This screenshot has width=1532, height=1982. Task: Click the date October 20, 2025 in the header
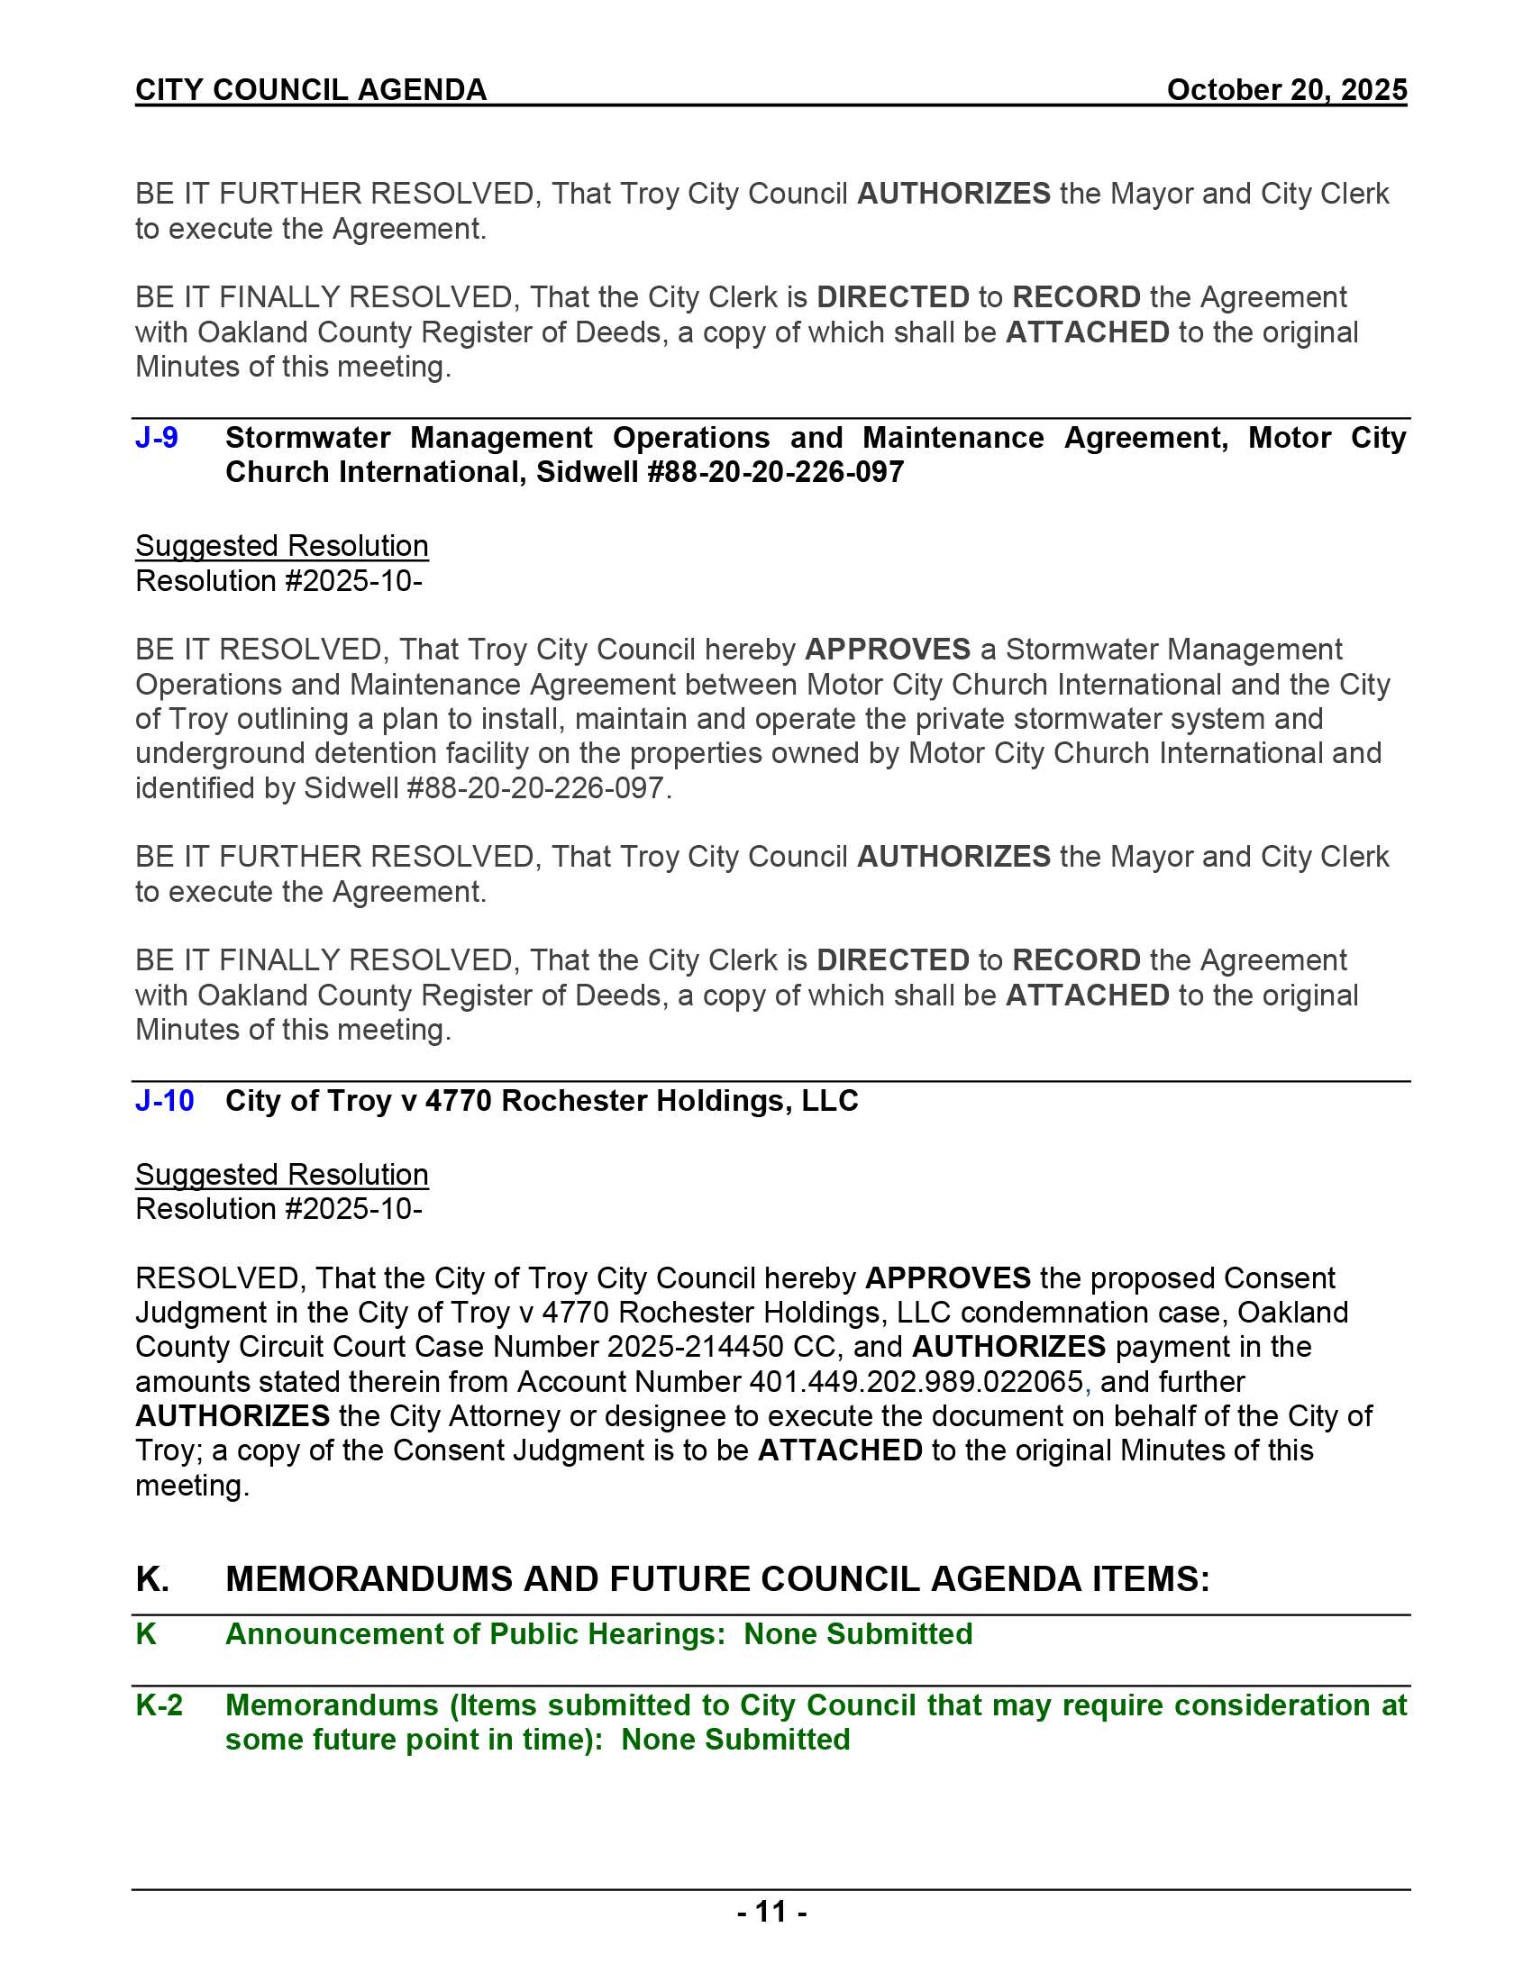[x=1286, y=90]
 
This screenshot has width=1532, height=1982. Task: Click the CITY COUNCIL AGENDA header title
[x=310, y=90]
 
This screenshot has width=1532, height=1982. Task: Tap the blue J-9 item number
[x=156, y=438]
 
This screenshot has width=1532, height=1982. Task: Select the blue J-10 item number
[x=164, y=1100]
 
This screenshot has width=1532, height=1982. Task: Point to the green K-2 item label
[x=159, y=1705]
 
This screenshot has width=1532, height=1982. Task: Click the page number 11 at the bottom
[x=771, y=1911]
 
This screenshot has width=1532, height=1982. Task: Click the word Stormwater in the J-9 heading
[x=307, y=438]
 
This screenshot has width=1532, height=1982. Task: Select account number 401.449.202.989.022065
[x=916, y=1381]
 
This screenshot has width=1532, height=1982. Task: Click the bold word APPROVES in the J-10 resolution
[x=947, y=1277]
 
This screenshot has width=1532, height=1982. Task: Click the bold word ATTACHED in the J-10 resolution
[x=840, y=1450]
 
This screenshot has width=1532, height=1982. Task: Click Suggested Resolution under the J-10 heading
[x=281, y=1174]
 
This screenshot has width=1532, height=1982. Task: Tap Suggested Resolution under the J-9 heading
[x=281, y=545]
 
